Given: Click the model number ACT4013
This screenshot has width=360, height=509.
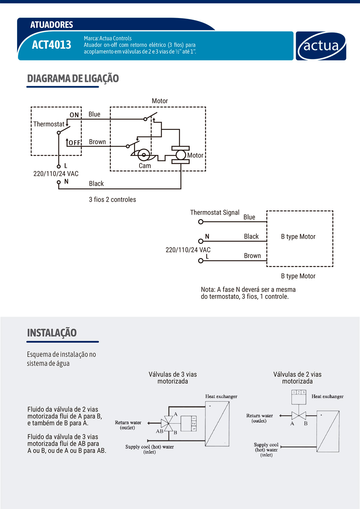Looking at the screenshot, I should (x=52, y=45).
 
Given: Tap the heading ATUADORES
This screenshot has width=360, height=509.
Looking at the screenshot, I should (x=52, y=25).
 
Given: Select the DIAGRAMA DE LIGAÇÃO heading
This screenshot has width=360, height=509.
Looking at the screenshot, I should (x=73, y=79).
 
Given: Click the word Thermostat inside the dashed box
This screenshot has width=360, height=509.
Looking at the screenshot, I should (x=49, y=124).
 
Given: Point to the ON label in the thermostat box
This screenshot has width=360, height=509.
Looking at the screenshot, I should (x=74, y=115).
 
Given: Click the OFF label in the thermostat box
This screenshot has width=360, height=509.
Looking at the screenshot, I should (x=74, y=143).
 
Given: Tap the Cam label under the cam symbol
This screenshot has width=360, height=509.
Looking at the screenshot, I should (x=145, y=166).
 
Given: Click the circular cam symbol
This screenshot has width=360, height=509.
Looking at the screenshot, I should (x=144, y=155).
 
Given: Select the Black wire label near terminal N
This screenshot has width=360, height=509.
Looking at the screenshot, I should (x=96, y=184).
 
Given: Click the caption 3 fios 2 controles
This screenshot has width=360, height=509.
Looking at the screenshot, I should (x=112, y=200).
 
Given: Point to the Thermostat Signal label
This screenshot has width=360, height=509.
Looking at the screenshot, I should (x=214, y=213).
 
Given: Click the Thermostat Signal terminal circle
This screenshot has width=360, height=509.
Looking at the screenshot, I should (x=201, y=222).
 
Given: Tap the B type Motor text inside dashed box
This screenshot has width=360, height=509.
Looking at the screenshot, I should (x=298, y=237).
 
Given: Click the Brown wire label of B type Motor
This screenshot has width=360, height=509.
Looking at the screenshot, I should (x=252, y=256).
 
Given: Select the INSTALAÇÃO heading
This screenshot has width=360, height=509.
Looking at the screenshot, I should (x=52, y=333).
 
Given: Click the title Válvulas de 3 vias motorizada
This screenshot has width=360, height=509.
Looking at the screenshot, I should (x=173, y=378).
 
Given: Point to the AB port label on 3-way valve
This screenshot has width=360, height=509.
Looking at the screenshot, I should (x=159, y=431).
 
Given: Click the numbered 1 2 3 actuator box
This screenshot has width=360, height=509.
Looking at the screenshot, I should (x=299, y=397).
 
